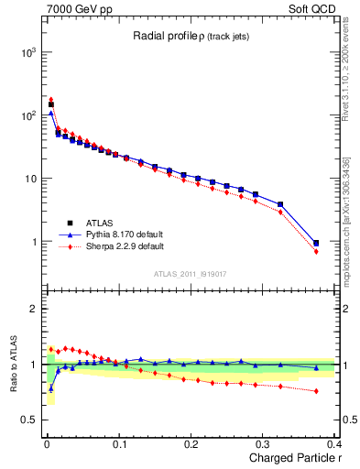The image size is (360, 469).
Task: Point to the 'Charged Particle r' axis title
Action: (290, 459)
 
